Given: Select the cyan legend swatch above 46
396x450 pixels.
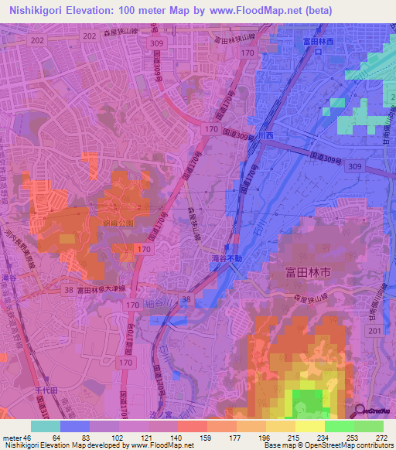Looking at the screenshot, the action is [x=46, y=426].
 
